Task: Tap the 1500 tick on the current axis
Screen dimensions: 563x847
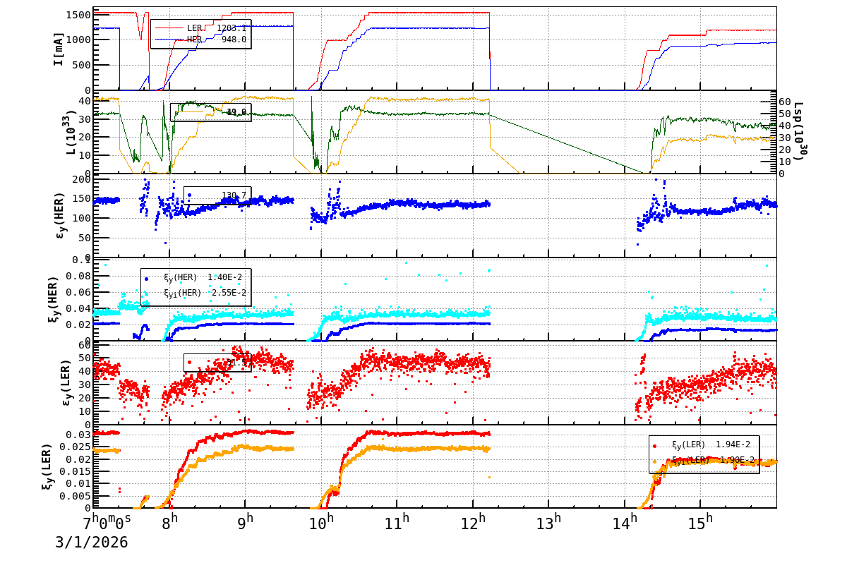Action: coord(78,15)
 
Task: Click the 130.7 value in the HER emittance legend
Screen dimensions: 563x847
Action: coord(234,195)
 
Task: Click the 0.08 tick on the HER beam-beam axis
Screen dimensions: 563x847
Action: coord(80,276)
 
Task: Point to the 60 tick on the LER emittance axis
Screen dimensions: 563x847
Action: coord(85,344)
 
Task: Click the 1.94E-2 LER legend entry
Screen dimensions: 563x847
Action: coord(713,444)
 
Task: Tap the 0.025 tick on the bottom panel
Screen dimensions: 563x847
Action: coord(78,447)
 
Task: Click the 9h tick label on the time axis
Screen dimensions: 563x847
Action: coord(246,523)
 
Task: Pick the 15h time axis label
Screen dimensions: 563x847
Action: coord(701,523)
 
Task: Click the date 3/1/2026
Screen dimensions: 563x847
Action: coord(92,543)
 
